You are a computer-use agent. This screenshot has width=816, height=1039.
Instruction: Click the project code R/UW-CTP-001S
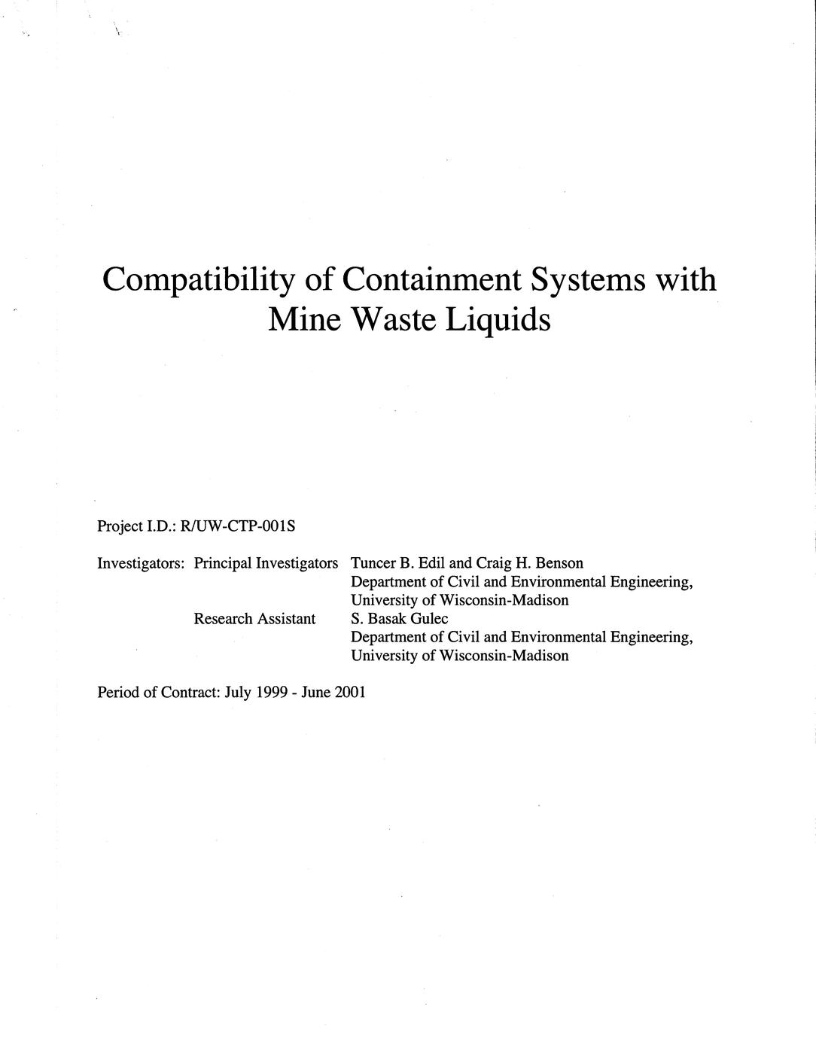[238, 526]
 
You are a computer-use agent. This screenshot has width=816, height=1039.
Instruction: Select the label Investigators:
[141, 563]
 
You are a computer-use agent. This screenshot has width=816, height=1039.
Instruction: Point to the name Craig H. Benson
[530, 563]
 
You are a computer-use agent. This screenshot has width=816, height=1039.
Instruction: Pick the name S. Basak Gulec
[399, 619]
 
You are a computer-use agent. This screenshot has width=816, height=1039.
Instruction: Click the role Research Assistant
[254, 619]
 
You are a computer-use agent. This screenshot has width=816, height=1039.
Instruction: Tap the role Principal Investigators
[266, 563]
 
